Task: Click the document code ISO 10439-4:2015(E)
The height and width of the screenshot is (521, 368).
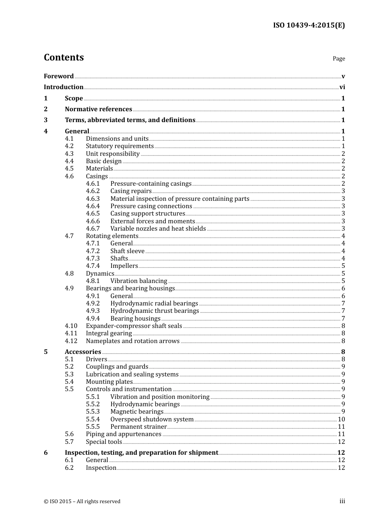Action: coord(309,26)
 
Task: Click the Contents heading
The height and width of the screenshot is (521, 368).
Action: coord(64,57)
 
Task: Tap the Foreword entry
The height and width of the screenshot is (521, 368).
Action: coord(58,76)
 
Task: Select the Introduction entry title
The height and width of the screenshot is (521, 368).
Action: coord(64,87)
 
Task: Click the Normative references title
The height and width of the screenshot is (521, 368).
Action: coord(98,109)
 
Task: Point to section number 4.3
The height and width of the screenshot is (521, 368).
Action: coord(69,154)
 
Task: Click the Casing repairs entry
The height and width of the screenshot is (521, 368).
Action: coord(131,191)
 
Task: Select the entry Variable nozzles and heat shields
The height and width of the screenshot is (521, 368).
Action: coord(158,229)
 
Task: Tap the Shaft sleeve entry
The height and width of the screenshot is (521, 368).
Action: coord(127,251)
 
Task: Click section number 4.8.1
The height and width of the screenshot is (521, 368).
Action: coord(93,281)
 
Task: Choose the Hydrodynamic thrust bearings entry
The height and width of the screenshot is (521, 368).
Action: coord(155,311)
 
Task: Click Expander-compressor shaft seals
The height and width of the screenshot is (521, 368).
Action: coord(134,326)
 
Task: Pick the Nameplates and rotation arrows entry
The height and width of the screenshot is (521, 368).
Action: coord(132,341)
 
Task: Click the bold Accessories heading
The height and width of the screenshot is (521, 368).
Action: coord(83,352)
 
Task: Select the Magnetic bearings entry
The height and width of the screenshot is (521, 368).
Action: coord(137,412)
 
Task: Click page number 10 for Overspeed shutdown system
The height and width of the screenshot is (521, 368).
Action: coord(341,419)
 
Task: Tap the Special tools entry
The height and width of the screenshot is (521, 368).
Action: coord(104,442)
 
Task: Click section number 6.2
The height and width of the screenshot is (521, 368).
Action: coord(69,468)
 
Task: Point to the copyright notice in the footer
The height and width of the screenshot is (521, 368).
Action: coord(82,502)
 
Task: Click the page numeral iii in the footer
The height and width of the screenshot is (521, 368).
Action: coord(342,501)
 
